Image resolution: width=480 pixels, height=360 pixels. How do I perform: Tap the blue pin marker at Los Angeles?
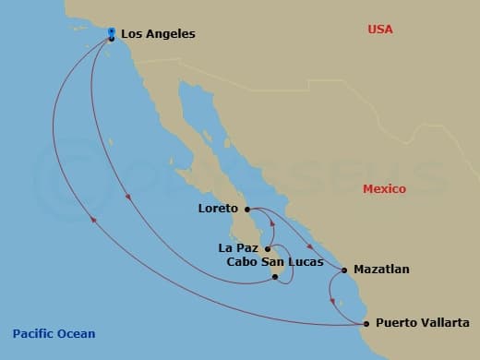point(111,30)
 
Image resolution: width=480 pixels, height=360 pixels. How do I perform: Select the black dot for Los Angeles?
point(112,38)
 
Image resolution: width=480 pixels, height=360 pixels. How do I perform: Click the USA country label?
point(380,30)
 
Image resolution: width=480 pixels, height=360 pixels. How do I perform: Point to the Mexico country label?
point(384,188)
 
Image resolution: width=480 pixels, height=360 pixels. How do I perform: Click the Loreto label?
point(218,209)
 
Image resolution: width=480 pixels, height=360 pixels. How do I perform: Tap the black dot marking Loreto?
point(247,210)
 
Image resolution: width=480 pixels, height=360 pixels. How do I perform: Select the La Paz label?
point(238,247)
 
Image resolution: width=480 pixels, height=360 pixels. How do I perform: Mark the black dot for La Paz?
point(267,248)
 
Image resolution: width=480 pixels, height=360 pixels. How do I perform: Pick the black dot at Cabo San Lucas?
point(275,276)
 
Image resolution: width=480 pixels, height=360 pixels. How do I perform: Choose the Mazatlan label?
point(382,270)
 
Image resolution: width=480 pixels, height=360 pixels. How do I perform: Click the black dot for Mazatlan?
point(345,270)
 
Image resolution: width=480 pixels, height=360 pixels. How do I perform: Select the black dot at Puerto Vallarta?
point(366,323)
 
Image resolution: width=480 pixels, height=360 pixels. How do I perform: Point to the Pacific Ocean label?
point(54,334)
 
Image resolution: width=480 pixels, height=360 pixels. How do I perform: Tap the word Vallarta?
point(445,323)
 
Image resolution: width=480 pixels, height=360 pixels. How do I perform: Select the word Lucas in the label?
point(306,262)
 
